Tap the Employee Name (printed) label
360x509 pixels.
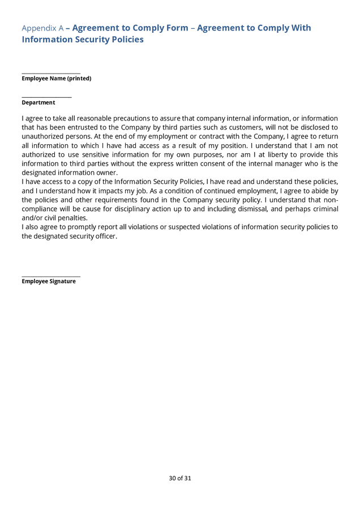coord(56,79)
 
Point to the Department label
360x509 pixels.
coord(38,102)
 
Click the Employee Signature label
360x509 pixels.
coord(49,281)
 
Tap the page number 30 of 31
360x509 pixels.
coord(180,478)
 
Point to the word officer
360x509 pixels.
coord(104,236)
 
